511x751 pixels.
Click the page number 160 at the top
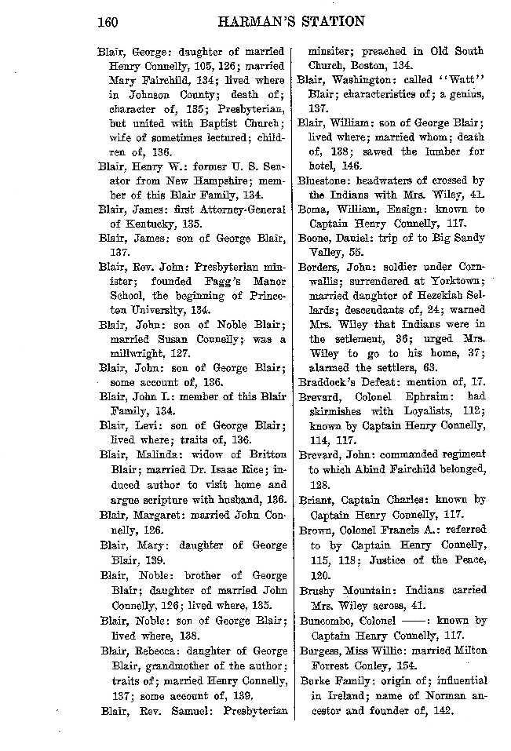(x=107, y=21)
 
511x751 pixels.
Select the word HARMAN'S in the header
(x=254, y=21)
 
